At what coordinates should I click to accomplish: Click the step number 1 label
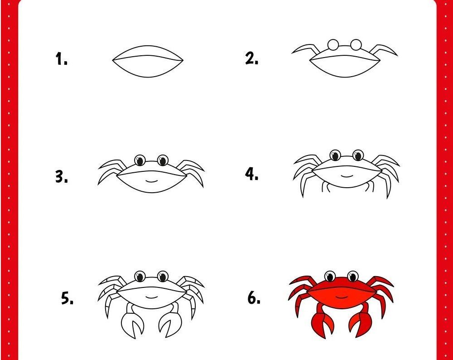61,58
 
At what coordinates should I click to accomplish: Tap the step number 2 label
251,58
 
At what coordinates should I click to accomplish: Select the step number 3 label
62,176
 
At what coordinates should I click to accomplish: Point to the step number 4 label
251,174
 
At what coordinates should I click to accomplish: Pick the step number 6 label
254,297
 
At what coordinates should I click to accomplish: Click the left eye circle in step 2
333,45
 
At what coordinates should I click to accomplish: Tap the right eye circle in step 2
356,44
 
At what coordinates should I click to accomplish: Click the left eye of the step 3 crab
140,160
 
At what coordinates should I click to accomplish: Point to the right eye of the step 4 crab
358,155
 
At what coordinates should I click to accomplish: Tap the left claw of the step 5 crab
132,321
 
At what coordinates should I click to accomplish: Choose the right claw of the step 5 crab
171,321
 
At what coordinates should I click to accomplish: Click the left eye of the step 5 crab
140,277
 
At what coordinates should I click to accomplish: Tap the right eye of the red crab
353,277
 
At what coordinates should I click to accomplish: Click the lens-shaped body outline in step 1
148,46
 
